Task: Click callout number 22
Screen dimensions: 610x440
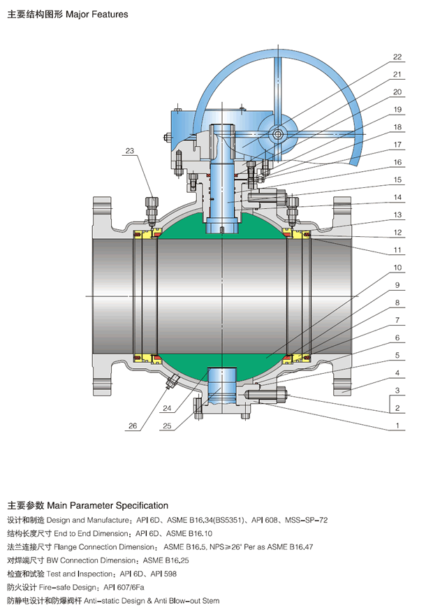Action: [x=397, y=57]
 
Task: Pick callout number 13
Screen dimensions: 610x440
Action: [x=397, y=215]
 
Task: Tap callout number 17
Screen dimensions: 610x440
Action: [x=397, y=145]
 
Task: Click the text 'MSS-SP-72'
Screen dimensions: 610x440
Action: [x=307, y=521]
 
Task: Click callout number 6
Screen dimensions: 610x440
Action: [x=397, y=338]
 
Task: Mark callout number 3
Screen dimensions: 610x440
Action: [x=397, y=391]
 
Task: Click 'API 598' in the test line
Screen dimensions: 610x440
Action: [x=167, y=574]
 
